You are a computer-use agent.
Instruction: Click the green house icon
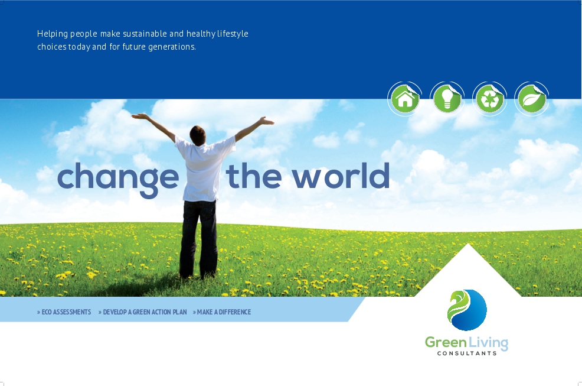tap(405, 99)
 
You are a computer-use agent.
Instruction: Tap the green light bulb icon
tap(447, 99)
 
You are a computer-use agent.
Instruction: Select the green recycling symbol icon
tap(489, 99)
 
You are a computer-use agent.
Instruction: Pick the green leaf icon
tap(532, 99)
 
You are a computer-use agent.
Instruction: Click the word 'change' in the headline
tap(118, 179)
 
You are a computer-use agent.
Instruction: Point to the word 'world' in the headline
tap(341, 176)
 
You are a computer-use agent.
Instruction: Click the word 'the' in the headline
tap(253, 176)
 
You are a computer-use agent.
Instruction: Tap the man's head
tap(198, 135)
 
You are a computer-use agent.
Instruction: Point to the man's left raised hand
tap(140, 116)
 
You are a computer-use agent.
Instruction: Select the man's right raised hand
tap(266, 121)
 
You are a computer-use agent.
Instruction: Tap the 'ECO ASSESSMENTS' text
tap(64, 312)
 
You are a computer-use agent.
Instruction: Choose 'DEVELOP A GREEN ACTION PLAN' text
tap(142, 312)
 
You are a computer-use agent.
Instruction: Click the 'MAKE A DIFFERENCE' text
tap(222, 312)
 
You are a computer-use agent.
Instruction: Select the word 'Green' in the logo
tap(446, 342)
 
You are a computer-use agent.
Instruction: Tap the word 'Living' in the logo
tap(488, 343)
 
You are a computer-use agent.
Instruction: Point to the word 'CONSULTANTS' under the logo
tap(467, 353)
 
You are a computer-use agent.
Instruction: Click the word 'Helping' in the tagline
tap(53, 34)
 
